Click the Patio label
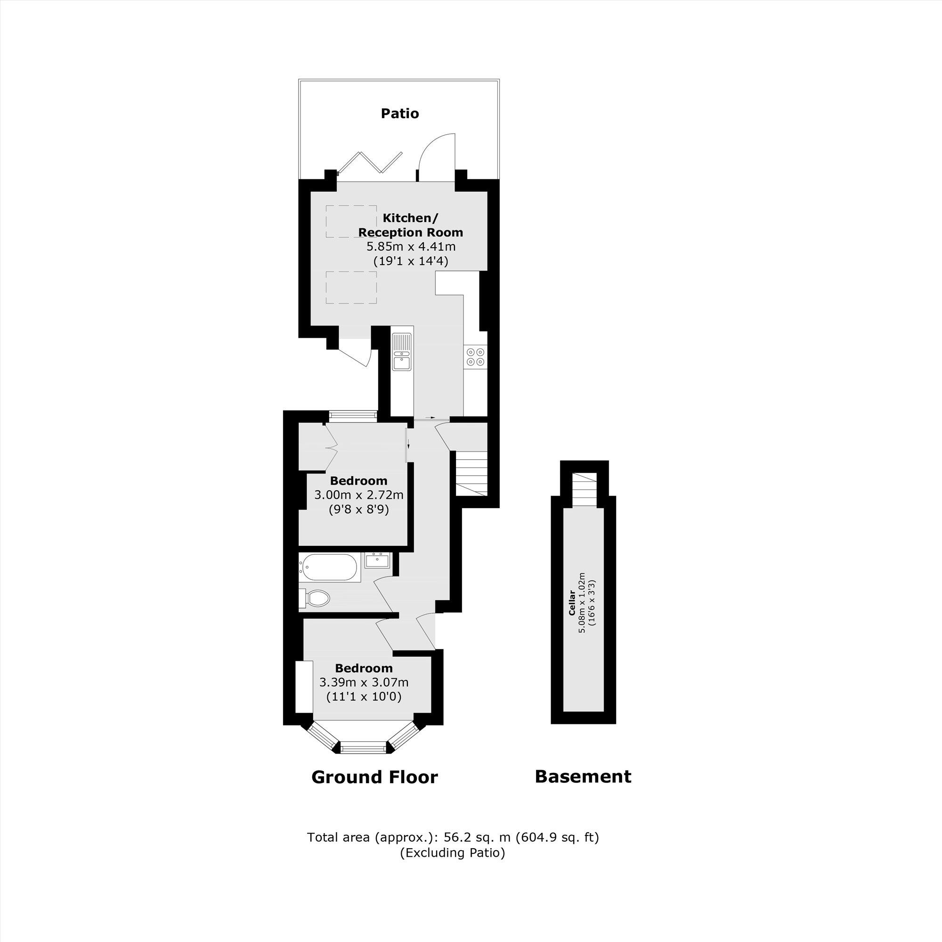click(400, 114)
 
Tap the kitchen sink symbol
click(402, 351)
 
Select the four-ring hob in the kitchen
click(475, 357)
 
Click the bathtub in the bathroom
click(329, 567)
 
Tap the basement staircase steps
click(584, 489)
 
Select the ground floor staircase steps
click(472, 473)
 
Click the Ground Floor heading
click(374, 777)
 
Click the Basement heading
click(583, 776)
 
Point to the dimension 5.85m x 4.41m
click(411, 247)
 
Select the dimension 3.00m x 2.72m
click(359, 495)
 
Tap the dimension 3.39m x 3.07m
click(364, 682)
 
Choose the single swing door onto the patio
click(437, 157)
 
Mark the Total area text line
click(453, 837)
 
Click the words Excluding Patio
click(453, 853)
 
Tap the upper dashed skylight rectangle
click(351, 222)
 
